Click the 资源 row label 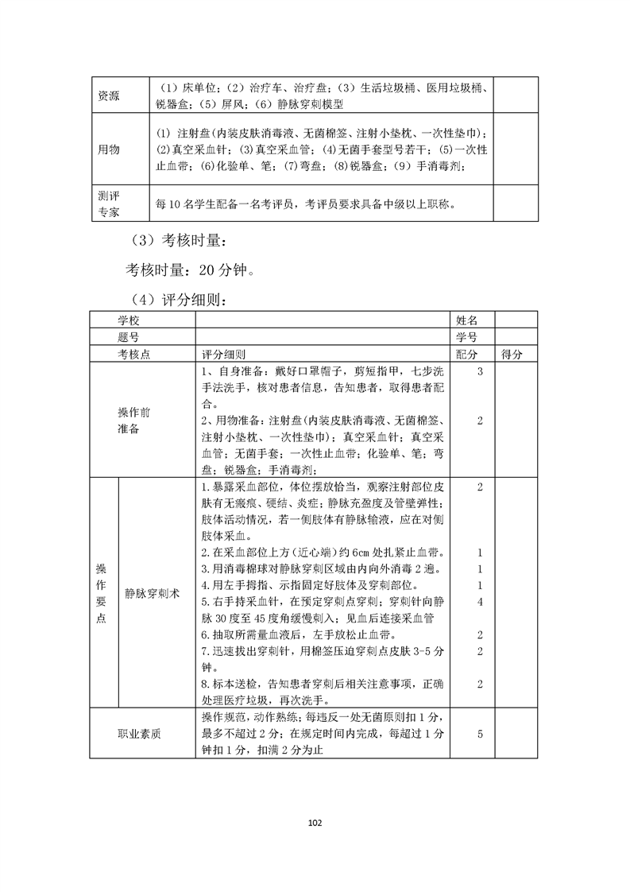pyautogui.click(x=109, y=95)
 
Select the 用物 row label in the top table pyautogui.click(x=109, y=149)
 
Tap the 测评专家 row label pyautogui.click(x=109, y=204)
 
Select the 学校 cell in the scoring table pyautogui.click(x=133, y=320)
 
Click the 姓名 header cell pyautogui.click(x=468, y=320)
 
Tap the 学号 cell pyautogui.click(x=468, y=337)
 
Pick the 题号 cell pyautogui.click(x=133, y=337)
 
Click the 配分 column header pyautogui.click(x=468, y=355)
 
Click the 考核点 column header pyautogui.click(x=133, y=355)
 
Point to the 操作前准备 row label pyautogui.click(x=133, y=421)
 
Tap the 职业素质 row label pyautogui.click(x=139, y=734)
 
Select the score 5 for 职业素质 pyautogui.click(x=481, y=734)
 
